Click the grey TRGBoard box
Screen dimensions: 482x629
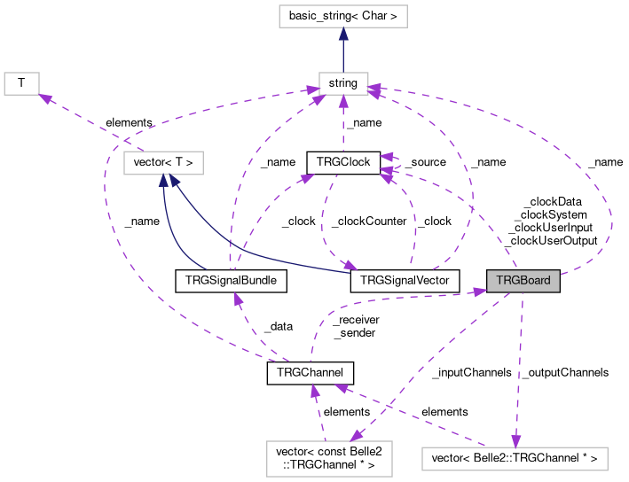[x=523, y=281]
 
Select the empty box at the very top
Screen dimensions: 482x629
[x=342, y=16]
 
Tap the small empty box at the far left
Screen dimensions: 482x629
[x=21, y=83]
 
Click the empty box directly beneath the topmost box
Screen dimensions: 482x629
[x=343, y=83]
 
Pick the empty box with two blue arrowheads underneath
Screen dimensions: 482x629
[x=163, y=163]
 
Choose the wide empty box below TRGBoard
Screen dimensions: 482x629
[x=515, y=459]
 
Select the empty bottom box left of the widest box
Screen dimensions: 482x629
[x=329, y=459]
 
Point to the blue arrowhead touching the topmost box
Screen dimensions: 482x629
[x=343, y=35]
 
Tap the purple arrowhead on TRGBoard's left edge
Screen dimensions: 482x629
[x=480, y=291]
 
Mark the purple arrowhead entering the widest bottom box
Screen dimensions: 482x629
[x=515, y=441]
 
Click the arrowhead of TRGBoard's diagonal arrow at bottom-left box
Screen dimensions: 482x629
[x=356, y=435]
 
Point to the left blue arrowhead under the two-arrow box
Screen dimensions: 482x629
[x=163, y=181]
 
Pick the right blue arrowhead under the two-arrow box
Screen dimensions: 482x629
[x=175, y=181]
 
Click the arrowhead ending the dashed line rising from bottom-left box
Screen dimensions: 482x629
[x=314, y=390]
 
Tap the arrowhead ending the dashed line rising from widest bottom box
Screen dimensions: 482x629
[x=341, y=387]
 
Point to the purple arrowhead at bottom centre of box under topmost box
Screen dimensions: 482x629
[x=343, y=101]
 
